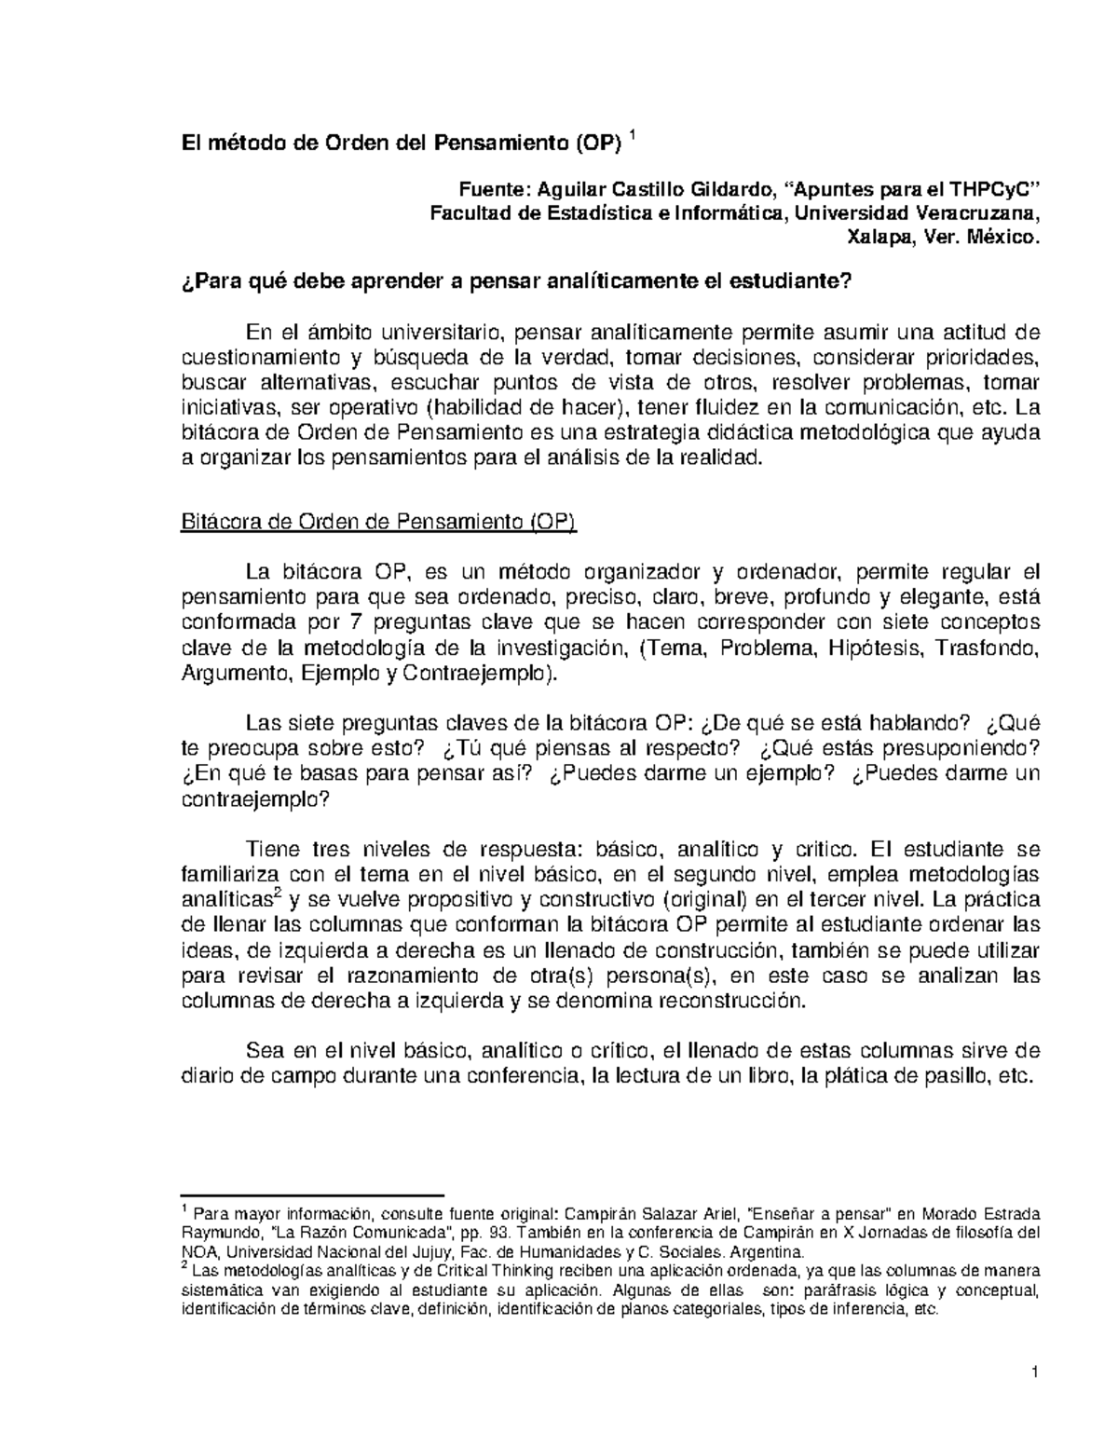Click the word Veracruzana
tap(974, 214)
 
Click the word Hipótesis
tap(870, 648)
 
